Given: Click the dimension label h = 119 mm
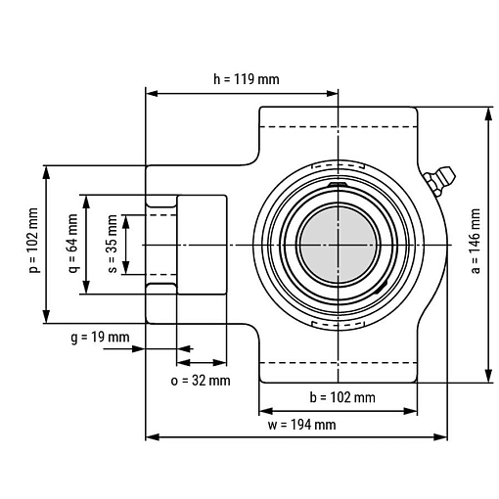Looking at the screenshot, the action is click(x=247, y=79).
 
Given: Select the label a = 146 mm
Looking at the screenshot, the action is click(x=476, y=241).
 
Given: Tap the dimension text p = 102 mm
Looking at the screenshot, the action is click(x=33, y=240).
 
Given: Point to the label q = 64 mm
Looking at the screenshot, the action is click(x=72, y=244).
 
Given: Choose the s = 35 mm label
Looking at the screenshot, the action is click(x=112, y=244).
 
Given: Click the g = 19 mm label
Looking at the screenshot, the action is click(x=100, y=338).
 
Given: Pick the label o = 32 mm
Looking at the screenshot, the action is click(x=201, y=381).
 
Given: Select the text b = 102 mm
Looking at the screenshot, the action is click(x=342, y=397).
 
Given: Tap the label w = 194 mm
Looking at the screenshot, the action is click(x=302, y=425).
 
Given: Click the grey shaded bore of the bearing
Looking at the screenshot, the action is click(x=339, y=245).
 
